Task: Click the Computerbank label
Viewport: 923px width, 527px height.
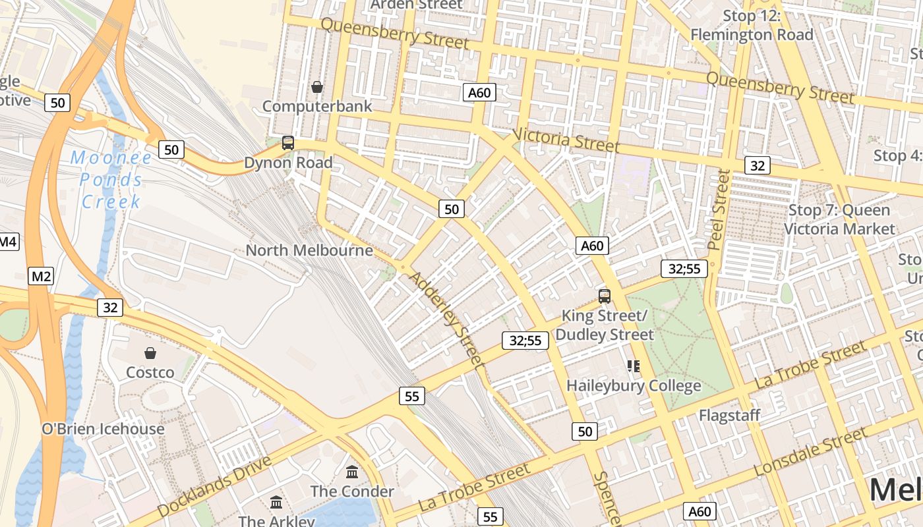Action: [317, 106]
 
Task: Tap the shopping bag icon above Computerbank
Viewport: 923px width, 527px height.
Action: [317, 87]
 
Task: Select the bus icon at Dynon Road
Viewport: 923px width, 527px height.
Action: [288, 143]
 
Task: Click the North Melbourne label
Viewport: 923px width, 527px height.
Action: [309, 250]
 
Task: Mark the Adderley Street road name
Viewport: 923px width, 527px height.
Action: [447, 319]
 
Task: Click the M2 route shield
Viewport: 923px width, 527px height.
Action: [41, 276]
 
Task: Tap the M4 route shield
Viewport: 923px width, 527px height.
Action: [8, 242]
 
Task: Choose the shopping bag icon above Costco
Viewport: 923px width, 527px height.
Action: [150, 353]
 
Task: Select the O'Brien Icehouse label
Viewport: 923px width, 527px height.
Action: [103, 429]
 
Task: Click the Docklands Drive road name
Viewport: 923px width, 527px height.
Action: [214, 485]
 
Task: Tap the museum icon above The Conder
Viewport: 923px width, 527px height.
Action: [352, 472]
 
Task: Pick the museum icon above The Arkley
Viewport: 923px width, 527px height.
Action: [276, 503]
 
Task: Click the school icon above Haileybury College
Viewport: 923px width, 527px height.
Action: [634, 366]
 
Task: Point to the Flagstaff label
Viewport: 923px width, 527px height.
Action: [729, 416]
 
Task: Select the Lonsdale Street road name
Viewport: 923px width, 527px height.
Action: [810, 452]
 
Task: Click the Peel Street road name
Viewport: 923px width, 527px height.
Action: [719, 209]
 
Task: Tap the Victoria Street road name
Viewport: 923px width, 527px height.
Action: [566, 140]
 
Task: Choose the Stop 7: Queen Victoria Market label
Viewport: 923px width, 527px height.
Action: [839, 219]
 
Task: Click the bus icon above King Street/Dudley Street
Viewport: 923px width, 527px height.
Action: [605, 296]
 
